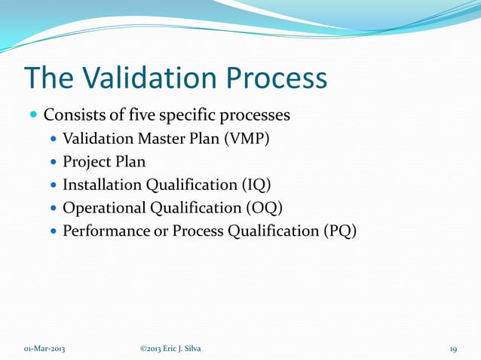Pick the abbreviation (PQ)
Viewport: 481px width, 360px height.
click(x=339, y=231)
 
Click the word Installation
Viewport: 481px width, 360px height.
click(x=103, y=185)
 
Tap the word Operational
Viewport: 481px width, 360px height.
click(x=101, y=208)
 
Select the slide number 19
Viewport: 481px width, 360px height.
click(x=453, y=348)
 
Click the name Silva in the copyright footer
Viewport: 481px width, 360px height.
click(x=191, y=348)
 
